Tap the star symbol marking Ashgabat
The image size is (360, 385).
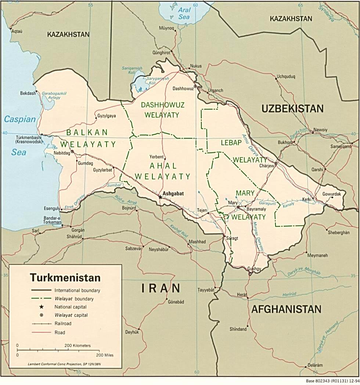160,197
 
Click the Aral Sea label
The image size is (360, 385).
184,14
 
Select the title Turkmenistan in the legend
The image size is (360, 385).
65,277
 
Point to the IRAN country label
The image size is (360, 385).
161,288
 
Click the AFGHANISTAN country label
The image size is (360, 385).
286,309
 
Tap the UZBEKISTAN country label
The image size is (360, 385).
292,108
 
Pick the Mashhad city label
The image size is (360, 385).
197,242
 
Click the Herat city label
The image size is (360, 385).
242,295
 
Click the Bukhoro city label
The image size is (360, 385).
285,142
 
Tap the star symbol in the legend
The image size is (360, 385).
42,307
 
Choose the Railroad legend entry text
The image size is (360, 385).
63,324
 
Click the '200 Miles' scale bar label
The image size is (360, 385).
105,355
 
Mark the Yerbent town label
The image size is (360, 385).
156,156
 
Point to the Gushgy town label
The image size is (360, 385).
254,269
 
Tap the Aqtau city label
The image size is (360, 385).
17,31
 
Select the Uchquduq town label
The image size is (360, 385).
286,77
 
